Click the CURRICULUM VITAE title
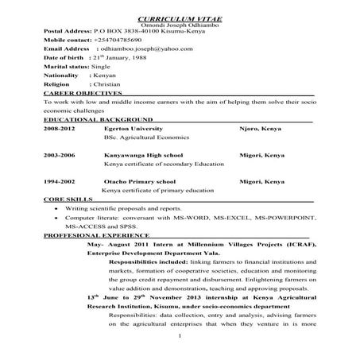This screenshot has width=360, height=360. click(180, 17)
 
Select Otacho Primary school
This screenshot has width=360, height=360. click(141, 182)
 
